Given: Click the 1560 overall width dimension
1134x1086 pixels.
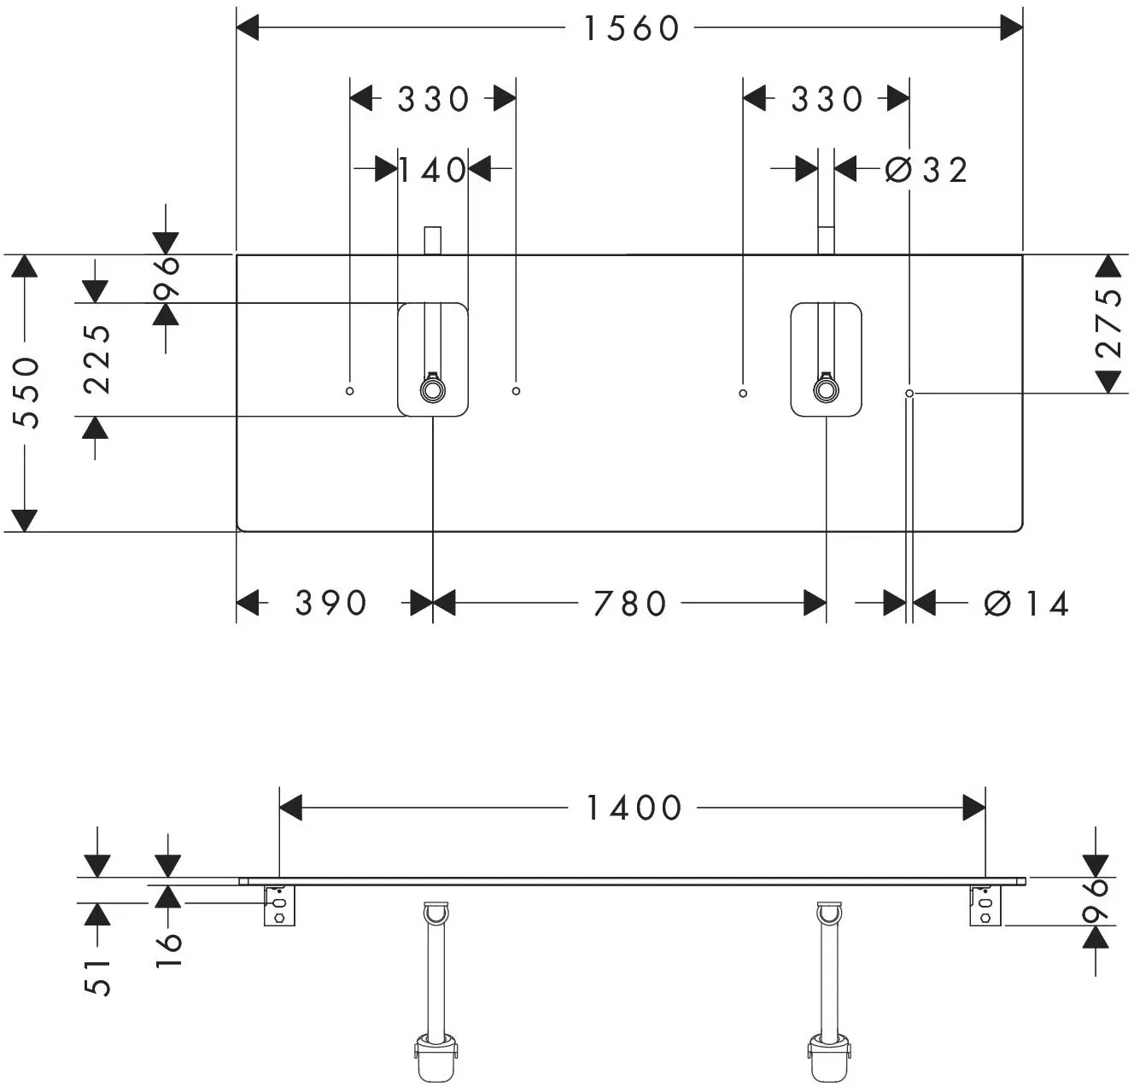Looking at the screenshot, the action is [x=632, y=28].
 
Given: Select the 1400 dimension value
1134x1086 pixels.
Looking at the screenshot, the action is [x=634, y=808].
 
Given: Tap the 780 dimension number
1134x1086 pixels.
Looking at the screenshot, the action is [x=629, y=603].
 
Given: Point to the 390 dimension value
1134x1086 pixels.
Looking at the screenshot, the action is [x=331, y=603].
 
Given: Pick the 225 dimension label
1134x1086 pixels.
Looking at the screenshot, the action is [x=96, y=359].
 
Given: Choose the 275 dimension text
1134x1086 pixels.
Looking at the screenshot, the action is [x=1108, y=323].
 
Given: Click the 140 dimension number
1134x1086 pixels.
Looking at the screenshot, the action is [x=432, y=170].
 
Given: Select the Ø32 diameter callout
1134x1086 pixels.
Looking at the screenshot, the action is [x=926, y=170].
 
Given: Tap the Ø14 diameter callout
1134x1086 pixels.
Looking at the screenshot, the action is [x=1026, y=603].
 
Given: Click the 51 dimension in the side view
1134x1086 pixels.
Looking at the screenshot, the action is [x=97, y=978].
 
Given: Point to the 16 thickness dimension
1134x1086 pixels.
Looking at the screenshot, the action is [x=168, y=950].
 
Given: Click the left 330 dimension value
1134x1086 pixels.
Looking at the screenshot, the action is [x=433, y=99].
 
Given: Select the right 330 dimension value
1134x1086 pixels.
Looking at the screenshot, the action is [x=827, y=99].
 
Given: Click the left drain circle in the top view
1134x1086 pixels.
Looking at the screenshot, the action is [x=432, y=390].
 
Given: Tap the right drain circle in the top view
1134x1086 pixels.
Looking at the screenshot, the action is [x=826, y=390].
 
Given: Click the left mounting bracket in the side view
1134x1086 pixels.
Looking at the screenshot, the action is [x=280, y=905].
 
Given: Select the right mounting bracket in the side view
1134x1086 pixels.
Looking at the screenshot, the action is [x=985, y=905].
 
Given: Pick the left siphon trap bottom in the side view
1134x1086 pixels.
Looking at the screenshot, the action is [x=435, y=1055].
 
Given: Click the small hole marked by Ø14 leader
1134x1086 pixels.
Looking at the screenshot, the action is [x=909, y=394].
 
